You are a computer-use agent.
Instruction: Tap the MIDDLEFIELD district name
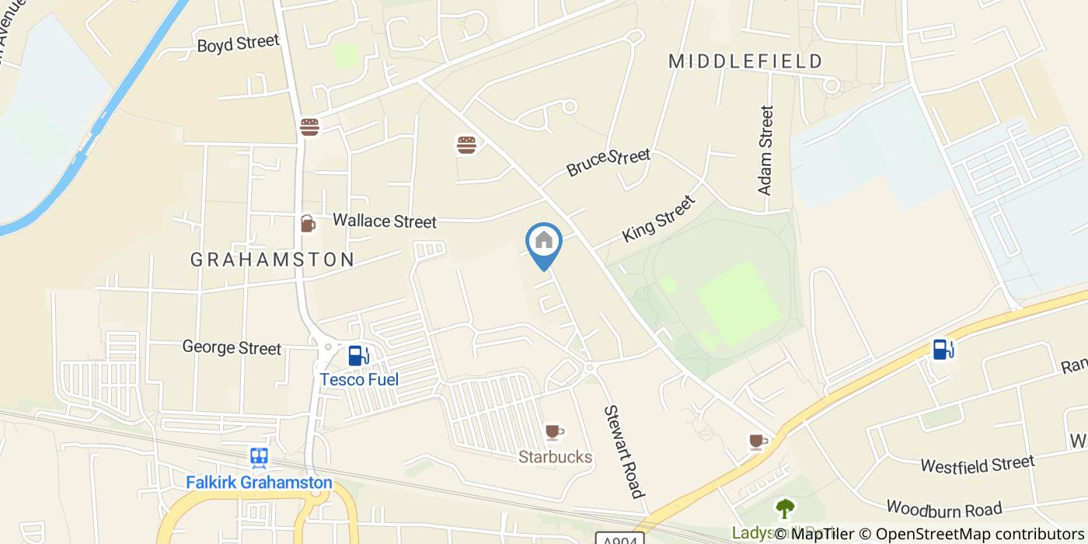pyautogui.click(x=745, y=61)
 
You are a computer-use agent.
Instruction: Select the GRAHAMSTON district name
pyautogui.click(x=273, y=260)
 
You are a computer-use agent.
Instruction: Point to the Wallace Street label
pyautogui.click(x=385, y=221)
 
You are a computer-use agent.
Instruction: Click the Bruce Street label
pyautogui.click(x=608, y=162)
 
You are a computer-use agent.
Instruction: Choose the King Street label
pyautogui.click(x=658, y=219)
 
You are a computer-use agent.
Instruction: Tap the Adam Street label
pyautogui.click(x=765, y=150)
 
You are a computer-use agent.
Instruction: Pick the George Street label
pyautogui.click(x=232, y=347)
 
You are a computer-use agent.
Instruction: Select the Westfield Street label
pyautogui.click(x=977, y=464)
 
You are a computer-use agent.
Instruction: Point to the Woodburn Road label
pyautogui.click(x=943, y=509)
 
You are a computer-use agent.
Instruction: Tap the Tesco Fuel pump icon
pyautogui.click(x=358, y=355)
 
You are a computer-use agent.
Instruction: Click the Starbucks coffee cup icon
pyautogui.click(x=553, y=431)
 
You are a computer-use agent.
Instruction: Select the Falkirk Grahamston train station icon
pyautogui.click(x=259, y=458)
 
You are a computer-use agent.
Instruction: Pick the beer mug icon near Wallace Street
pyautogui.click(x=308, y=224)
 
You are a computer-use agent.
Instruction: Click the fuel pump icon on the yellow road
pyautogui.click(x=943, y=350)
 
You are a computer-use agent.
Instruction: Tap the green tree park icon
pyautogui.click(x=785, y=509)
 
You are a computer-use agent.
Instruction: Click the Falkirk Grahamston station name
pyautogui.click(x=259, y=483)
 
